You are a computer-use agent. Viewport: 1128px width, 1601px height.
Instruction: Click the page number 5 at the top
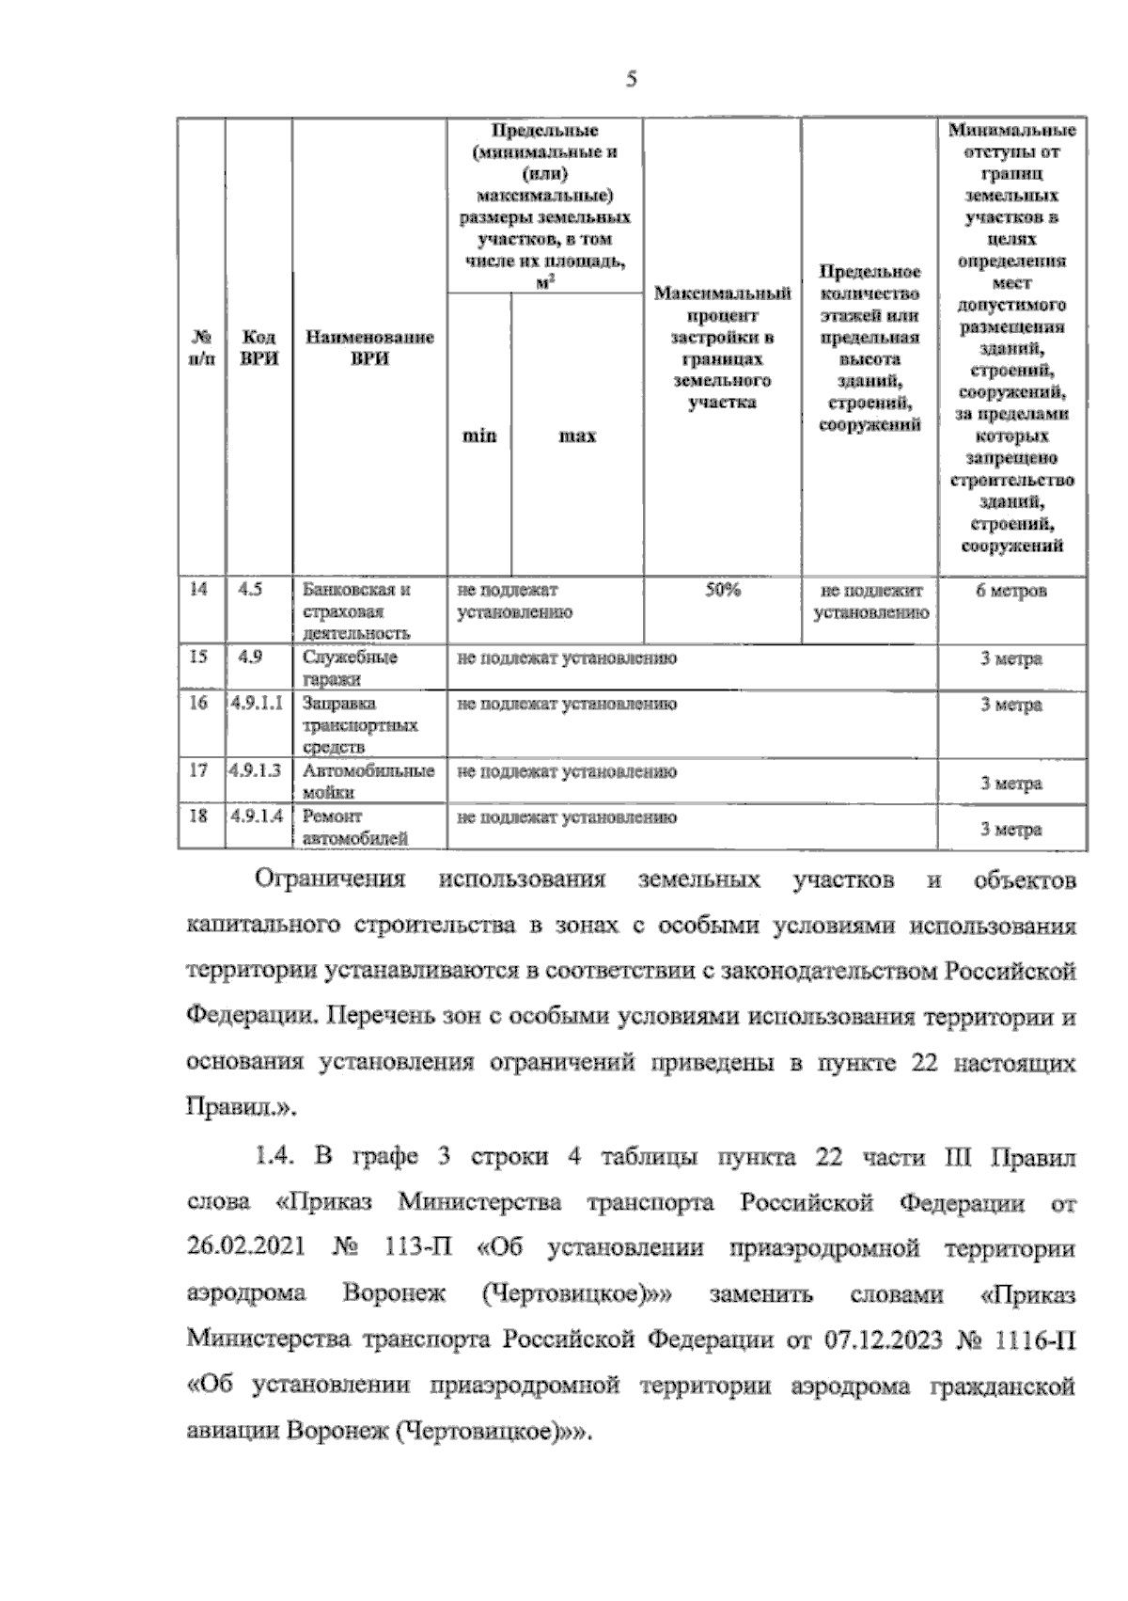click(632, 81)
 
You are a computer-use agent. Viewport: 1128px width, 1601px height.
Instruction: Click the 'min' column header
click(478, 436)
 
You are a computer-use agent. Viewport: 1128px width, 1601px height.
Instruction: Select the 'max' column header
click(577, 436)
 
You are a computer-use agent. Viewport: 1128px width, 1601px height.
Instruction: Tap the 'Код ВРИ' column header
click(258, 347)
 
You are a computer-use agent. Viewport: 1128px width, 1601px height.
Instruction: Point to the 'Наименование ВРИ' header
click(369, 347)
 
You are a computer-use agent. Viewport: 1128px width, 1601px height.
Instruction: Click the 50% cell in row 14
click(722, 591)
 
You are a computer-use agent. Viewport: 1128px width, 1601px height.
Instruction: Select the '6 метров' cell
click(1010, 592)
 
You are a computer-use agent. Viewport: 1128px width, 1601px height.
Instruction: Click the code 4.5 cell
click(251, 590)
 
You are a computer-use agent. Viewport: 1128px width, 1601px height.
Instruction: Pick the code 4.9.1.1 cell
click(257, 704)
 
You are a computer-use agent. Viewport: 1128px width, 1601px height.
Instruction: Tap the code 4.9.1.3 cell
click(257, 771)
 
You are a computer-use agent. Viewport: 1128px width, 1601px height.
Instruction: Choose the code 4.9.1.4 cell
click(257, 816)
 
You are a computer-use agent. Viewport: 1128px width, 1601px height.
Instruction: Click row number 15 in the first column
click(198, 658)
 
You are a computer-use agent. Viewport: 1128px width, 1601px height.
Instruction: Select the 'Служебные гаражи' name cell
click(350, 668)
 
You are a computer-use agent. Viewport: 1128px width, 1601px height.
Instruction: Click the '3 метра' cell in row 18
click(1010, 830)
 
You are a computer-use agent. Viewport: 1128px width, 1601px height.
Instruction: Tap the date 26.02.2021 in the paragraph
click(245, 1248)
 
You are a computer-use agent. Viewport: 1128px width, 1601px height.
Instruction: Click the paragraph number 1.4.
click(275, 1157)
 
